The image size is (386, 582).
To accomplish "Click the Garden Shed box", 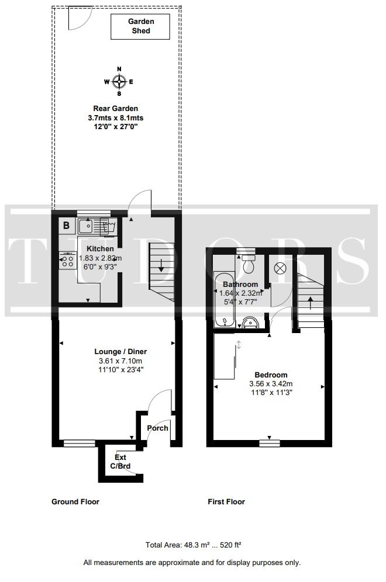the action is coord(140,26).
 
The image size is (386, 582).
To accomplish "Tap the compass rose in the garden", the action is coord(119,82).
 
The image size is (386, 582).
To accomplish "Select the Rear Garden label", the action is coord(116,108).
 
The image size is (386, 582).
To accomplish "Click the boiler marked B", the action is coord(67,226).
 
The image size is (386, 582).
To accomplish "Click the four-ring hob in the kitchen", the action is coord(68,261).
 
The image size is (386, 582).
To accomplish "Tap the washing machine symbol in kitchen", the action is coord(109,226).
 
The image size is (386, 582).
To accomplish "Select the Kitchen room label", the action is coord(101,249).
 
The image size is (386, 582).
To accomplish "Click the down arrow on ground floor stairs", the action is coord(161,265).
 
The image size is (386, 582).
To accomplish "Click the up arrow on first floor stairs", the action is coord(311,303).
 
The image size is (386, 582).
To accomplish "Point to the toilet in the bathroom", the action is coord(248,263).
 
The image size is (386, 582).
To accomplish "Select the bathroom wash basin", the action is coord(251,323).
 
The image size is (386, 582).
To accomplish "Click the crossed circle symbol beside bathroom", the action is coord(280,268).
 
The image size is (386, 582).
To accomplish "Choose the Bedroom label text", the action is coord(271,375).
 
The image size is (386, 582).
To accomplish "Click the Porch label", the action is coord(157,428).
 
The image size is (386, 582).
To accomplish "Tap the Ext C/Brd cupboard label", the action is coord(120,462).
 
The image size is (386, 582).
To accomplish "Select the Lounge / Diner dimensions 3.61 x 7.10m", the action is coord(120,361).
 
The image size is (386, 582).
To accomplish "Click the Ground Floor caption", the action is coord(75,502).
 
